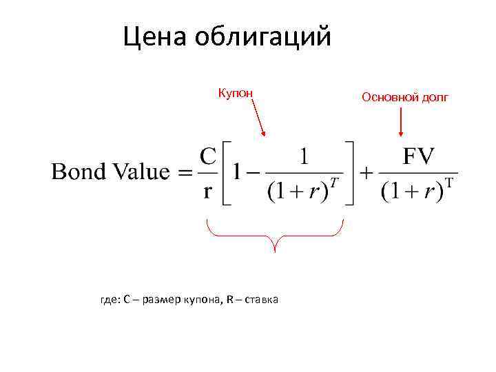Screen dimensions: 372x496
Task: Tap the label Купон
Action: [x=236, y=92]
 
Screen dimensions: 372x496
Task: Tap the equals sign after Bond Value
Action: [x=186, y=174]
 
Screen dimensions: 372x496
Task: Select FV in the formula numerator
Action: [x=418, y=156]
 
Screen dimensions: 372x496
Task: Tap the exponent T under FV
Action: [x=449, y=183]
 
